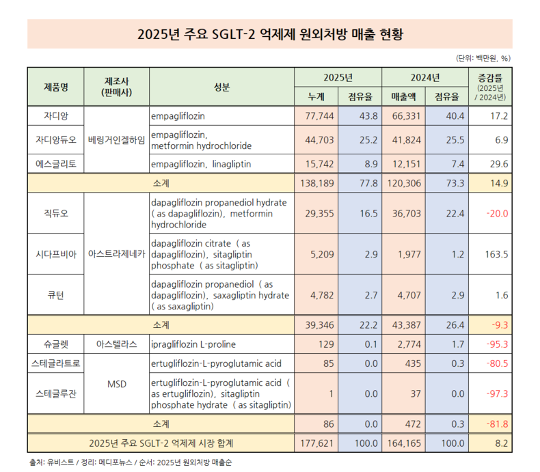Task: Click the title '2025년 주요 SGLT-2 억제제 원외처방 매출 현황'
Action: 269,33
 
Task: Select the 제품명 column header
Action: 56,87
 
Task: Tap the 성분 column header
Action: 221,87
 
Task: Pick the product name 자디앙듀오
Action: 56,140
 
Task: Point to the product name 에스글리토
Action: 56,164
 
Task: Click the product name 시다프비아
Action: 56,253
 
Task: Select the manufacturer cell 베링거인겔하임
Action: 117,140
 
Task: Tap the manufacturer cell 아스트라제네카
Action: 117,253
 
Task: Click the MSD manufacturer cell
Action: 117,384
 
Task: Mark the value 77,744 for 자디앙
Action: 318,116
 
